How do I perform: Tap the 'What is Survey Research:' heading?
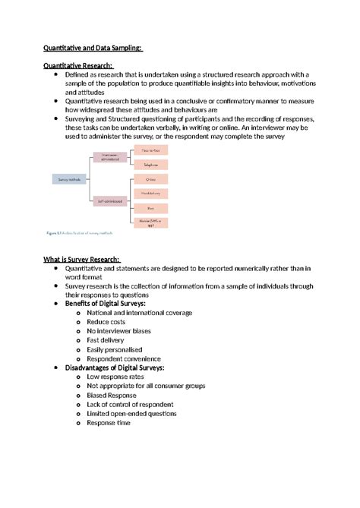(x=87, y=260)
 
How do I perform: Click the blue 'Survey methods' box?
(x=70, y=179)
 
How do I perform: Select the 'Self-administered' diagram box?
(x=111, y=201)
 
